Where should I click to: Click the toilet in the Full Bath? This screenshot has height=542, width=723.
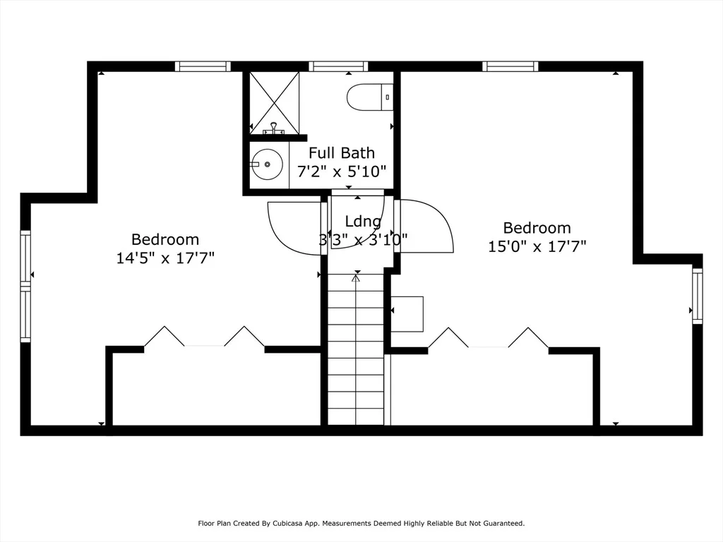tap(370, 97)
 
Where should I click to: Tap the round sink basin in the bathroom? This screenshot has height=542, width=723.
tap(267, 164)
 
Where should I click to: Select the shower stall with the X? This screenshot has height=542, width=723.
tap(275, 103)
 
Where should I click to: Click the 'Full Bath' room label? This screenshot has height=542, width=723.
tap(342, 152)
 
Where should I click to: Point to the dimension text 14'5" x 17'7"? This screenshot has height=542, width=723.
tap(165, 258)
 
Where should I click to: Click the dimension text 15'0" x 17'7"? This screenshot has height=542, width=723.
tap(537, 246)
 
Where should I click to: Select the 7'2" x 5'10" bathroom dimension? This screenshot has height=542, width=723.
tap(342, 171)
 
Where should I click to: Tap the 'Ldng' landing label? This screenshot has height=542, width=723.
tap(364, 222)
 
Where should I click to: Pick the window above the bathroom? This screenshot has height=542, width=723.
tap(338, 66)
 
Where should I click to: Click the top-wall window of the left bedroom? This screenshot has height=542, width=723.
tap(203, 66)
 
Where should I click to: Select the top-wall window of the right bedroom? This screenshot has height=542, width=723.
tap(510, 66)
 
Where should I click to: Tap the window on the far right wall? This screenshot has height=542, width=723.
tap(697, 296)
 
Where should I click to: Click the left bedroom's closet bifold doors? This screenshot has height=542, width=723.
tap(204, 337)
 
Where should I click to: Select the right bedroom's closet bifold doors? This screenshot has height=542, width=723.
tap(489, 337)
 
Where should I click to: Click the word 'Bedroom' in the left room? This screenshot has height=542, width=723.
tap(165, 239)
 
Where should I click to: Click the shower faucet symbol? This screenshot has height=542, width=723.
tap(273, 128)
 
